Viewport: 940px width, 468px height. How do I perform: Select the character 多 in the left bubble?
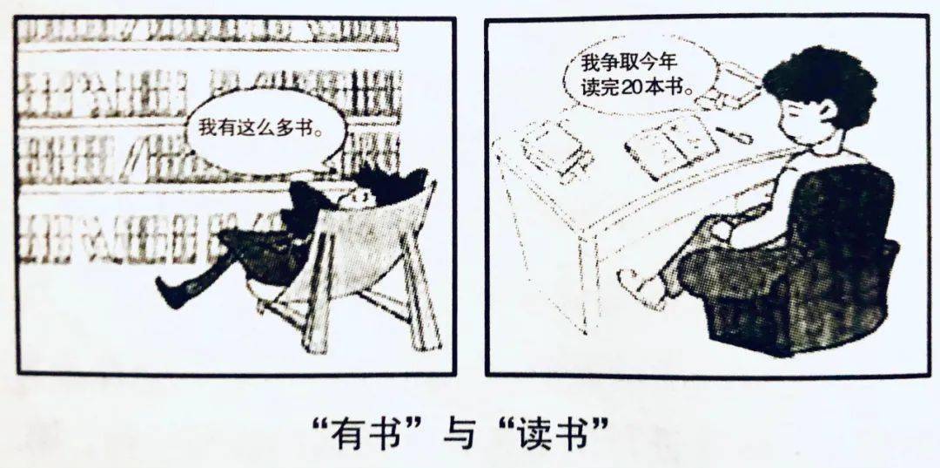click(x=284, y=128)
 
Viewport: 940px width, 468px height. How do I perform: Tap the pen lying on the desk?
click(x=734, y=134)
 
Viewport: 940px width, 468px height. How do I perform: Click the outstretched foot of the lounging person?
click(x=171, y=291)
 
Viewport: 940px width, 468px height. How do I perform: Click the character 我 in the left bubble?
click(x=205, y=128)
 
